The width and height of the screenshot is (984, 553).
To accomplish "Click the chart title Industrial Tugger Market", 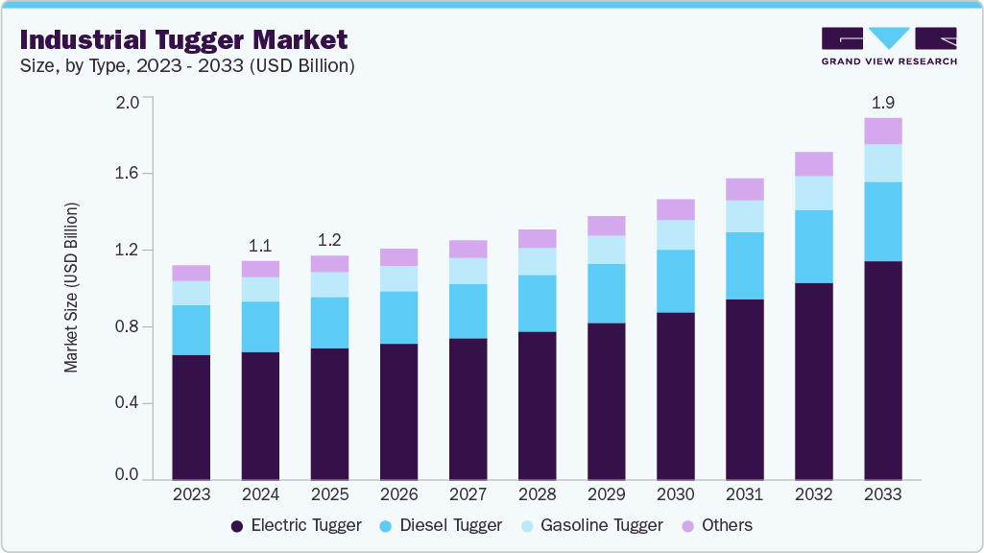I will click(x=183, y=40).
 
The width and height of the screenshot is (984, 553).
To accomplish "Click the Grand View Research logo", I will click(x=889, y=46).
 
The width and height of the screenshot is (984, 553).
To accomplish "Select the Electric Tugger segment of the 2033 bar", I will click(x=882, y=370).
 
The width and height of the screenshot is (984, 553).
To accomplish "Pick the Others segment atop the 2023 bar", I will click(x=191, y=273).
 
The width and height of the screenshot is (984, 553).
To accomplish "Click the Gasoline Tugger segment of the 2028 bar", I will click(x=537, y=261).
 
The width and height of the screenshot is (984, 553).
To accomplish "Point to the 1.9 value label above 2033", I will click(x=882, y=102).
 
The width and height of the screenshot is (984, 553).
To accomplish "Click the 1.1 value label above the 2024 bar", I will click(x=260, y=244).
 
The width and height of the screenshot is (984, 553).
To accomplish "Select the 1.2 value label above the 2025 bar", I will click(x=329, y=239).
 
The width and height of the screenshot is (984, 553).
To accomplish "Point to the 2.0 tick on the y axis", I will click(x=128, y=102).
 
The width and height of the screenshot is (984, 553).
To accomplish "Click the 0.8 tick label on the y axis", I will click(x=128, y=326).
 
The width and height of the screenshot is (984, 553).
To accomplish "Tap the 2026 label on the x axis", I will click(x=398, y=494).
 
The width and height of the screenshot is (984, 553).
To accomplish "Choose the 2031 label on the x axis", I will click(x=744, y=494).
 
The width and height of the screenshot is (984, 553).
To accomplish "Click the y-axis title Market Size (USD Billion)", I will click(x=71, y=288).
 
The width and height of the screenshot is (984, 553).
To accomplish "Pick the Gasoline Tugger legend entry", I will click(x=591, y=525).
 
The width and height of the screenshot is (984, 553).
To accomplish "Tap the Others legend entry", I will click(x=716, y=525).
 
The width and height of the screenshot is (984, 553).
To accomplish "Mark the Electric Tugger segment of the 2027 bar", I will click(x=468, y=408).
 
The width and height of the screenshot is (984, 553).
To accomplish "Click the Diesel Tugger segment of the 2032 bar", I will click(x=813, y=247).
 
